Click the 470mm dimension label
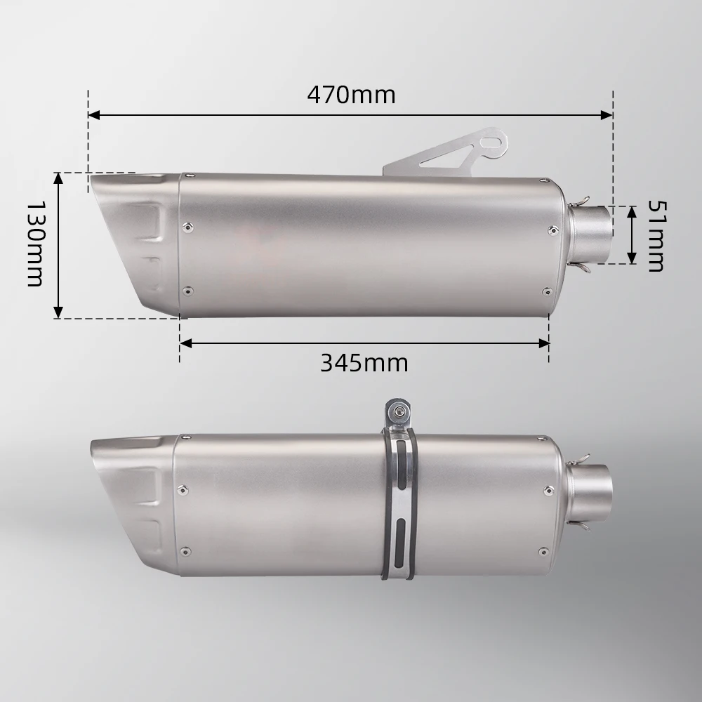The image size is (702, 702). coord(352,95)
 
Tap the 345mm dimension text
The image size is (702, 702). coord(364,363)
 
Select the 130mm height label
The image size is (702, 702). coord(35,244)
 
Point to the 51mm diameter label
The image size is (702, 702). coord(656,236)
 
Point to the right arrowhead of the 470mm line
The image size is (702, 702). coord(607,115)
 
